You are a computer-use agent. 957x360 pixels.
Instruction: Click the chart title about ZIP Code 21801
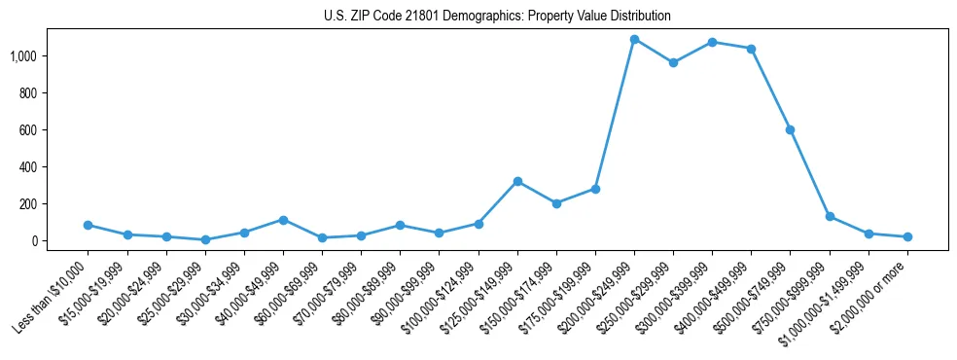[x=497, y=17]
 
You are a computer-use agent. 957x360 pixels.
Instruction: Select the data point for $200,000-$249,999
[x=634, y=40]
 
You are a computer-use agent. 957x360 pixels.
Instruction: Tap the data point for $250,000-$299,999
[x=673, y=63]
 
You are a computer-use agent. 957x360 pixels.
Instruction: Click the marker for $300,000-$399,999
[x=712, y=43]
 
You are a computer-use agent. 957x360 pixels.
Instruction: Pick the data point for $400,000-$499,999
[x=751, y=49]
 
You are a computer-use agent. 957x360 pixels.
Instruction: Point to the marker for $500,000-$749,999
[x=790, y=129]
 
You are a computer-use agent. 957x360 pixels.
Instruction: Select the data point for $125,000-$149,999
[x=517, y=181]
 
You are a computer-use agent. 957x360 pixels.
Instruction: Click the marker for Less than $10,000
[x=89, y=225]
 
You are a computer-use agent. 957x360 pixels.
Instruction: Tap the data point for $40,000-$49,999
[x=283, y=220]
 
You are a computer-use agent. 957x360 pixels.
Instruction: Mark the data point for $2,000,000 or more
[x=907, y=236]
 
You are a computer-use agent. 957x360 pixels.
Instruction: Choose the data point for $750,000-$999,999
[x=830, y=216]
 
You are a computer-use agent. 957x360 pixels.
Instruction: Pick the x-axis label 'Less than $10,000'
[x=53, y=290]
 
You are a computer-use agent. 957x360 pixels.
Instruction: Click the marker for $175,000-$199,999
[x=595, y=189]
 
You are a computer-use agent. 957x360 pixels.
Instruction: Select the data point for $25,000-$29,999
[x=205, y=239]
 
